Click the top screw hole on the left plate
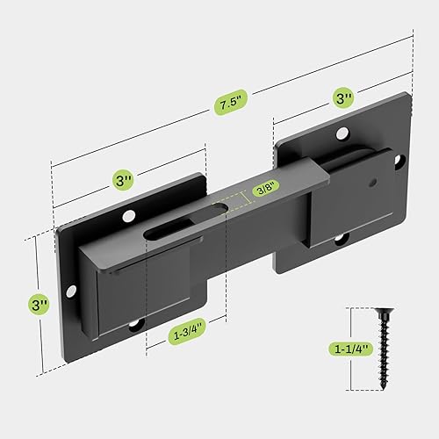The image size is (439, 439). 130,215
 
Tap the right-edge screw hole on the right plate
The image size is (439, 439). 400,162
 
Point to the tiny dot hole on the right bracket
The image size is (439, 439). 370,184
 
